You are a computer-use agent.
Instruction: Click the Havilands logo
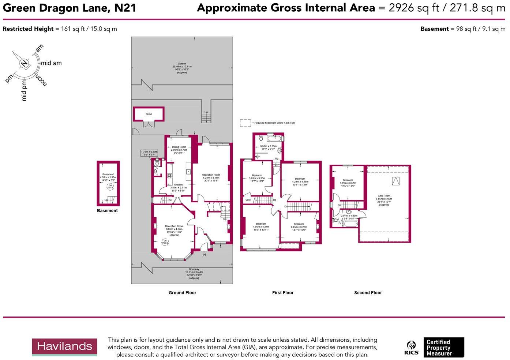point(64,346)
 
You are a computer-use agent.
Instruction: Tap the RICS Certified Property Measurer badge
point(434,348)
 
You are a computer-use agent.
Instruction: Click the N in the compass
point(24,64)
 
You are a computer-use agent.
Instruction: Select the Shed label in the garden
point(149,114)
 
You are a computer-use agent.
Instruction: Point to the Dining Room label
point(179,147)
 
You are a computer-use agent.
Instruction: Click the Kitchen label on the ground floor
point(178,185)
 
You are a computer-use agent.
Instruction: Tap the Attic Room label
point(384,196)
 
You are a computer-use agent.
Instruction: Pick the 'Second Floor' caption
point(368,293)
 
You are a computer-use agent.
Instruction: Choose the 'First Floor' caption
point(283,293)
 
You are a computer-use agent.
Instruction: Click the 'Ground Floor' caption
point(182,293)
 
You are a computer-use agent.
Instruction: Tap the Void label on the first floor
point(248,200)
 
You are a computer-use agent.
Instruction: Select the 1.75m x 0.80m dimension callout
point(149,153)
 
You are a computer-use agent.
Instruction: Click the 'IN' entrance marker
point(204,255)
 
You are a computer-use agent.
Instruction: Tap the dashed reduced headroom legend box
point(245,123)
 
